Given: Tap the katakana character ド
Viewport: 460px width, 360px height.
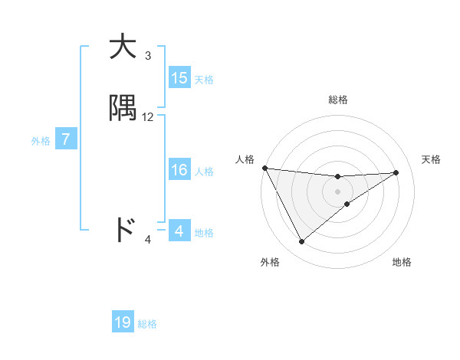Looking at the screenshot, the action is tap(124, 230).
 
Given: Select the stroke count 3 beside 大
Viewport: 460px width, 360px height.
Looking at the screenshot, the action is tap(148, 56).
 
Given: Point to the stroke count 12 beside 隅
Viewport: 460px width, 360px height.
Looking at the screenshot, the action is tap(148, 117).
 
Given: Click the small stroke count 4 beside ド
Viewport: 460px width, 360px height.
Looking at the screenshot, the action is tap(148, 240).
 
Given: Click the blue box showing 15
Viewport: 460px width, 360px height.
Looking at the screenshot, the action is tap(179, 78).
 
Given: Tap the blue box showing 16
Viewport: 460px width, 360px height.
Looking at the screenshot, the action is tap(179, 170).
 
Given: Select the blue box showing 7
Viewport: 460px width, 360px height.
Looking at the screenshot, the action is tap(66, 140).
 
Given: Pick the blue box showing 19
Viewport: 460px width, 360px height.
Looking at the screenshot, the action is tap(123, 323).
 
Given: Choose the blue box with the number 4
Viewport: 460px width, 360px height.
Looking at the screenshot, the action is tap(179, 231).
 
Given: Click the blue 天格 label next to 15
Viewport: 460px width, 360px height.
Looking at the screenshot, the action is tap(204, 79).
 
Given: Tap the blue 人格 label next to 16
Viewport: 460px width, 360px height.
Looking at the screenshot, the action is tap(204, 171).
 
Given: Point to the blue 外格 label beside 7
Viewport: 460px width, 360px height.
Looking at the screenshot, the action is tap(40, 141).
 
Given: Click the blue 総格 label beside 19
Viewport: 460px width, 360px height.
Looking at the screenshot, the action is tap(147, 324).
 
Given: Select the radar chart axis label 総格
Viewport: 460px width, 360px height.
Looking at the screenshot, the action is tap(338, 100).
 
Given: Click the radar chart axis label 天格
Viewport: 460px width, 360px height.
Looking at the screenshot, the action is tap(432, 159).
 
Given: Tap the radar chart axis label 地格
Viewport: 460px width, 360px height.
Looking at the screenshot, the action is tap(402, 262).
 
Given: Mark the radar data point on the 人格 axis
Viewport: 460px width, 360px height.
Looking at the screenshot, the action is tap(264, 168).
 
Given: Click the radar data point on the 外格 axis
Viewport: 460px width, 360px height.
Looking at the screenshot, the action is tap(301, 242).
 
